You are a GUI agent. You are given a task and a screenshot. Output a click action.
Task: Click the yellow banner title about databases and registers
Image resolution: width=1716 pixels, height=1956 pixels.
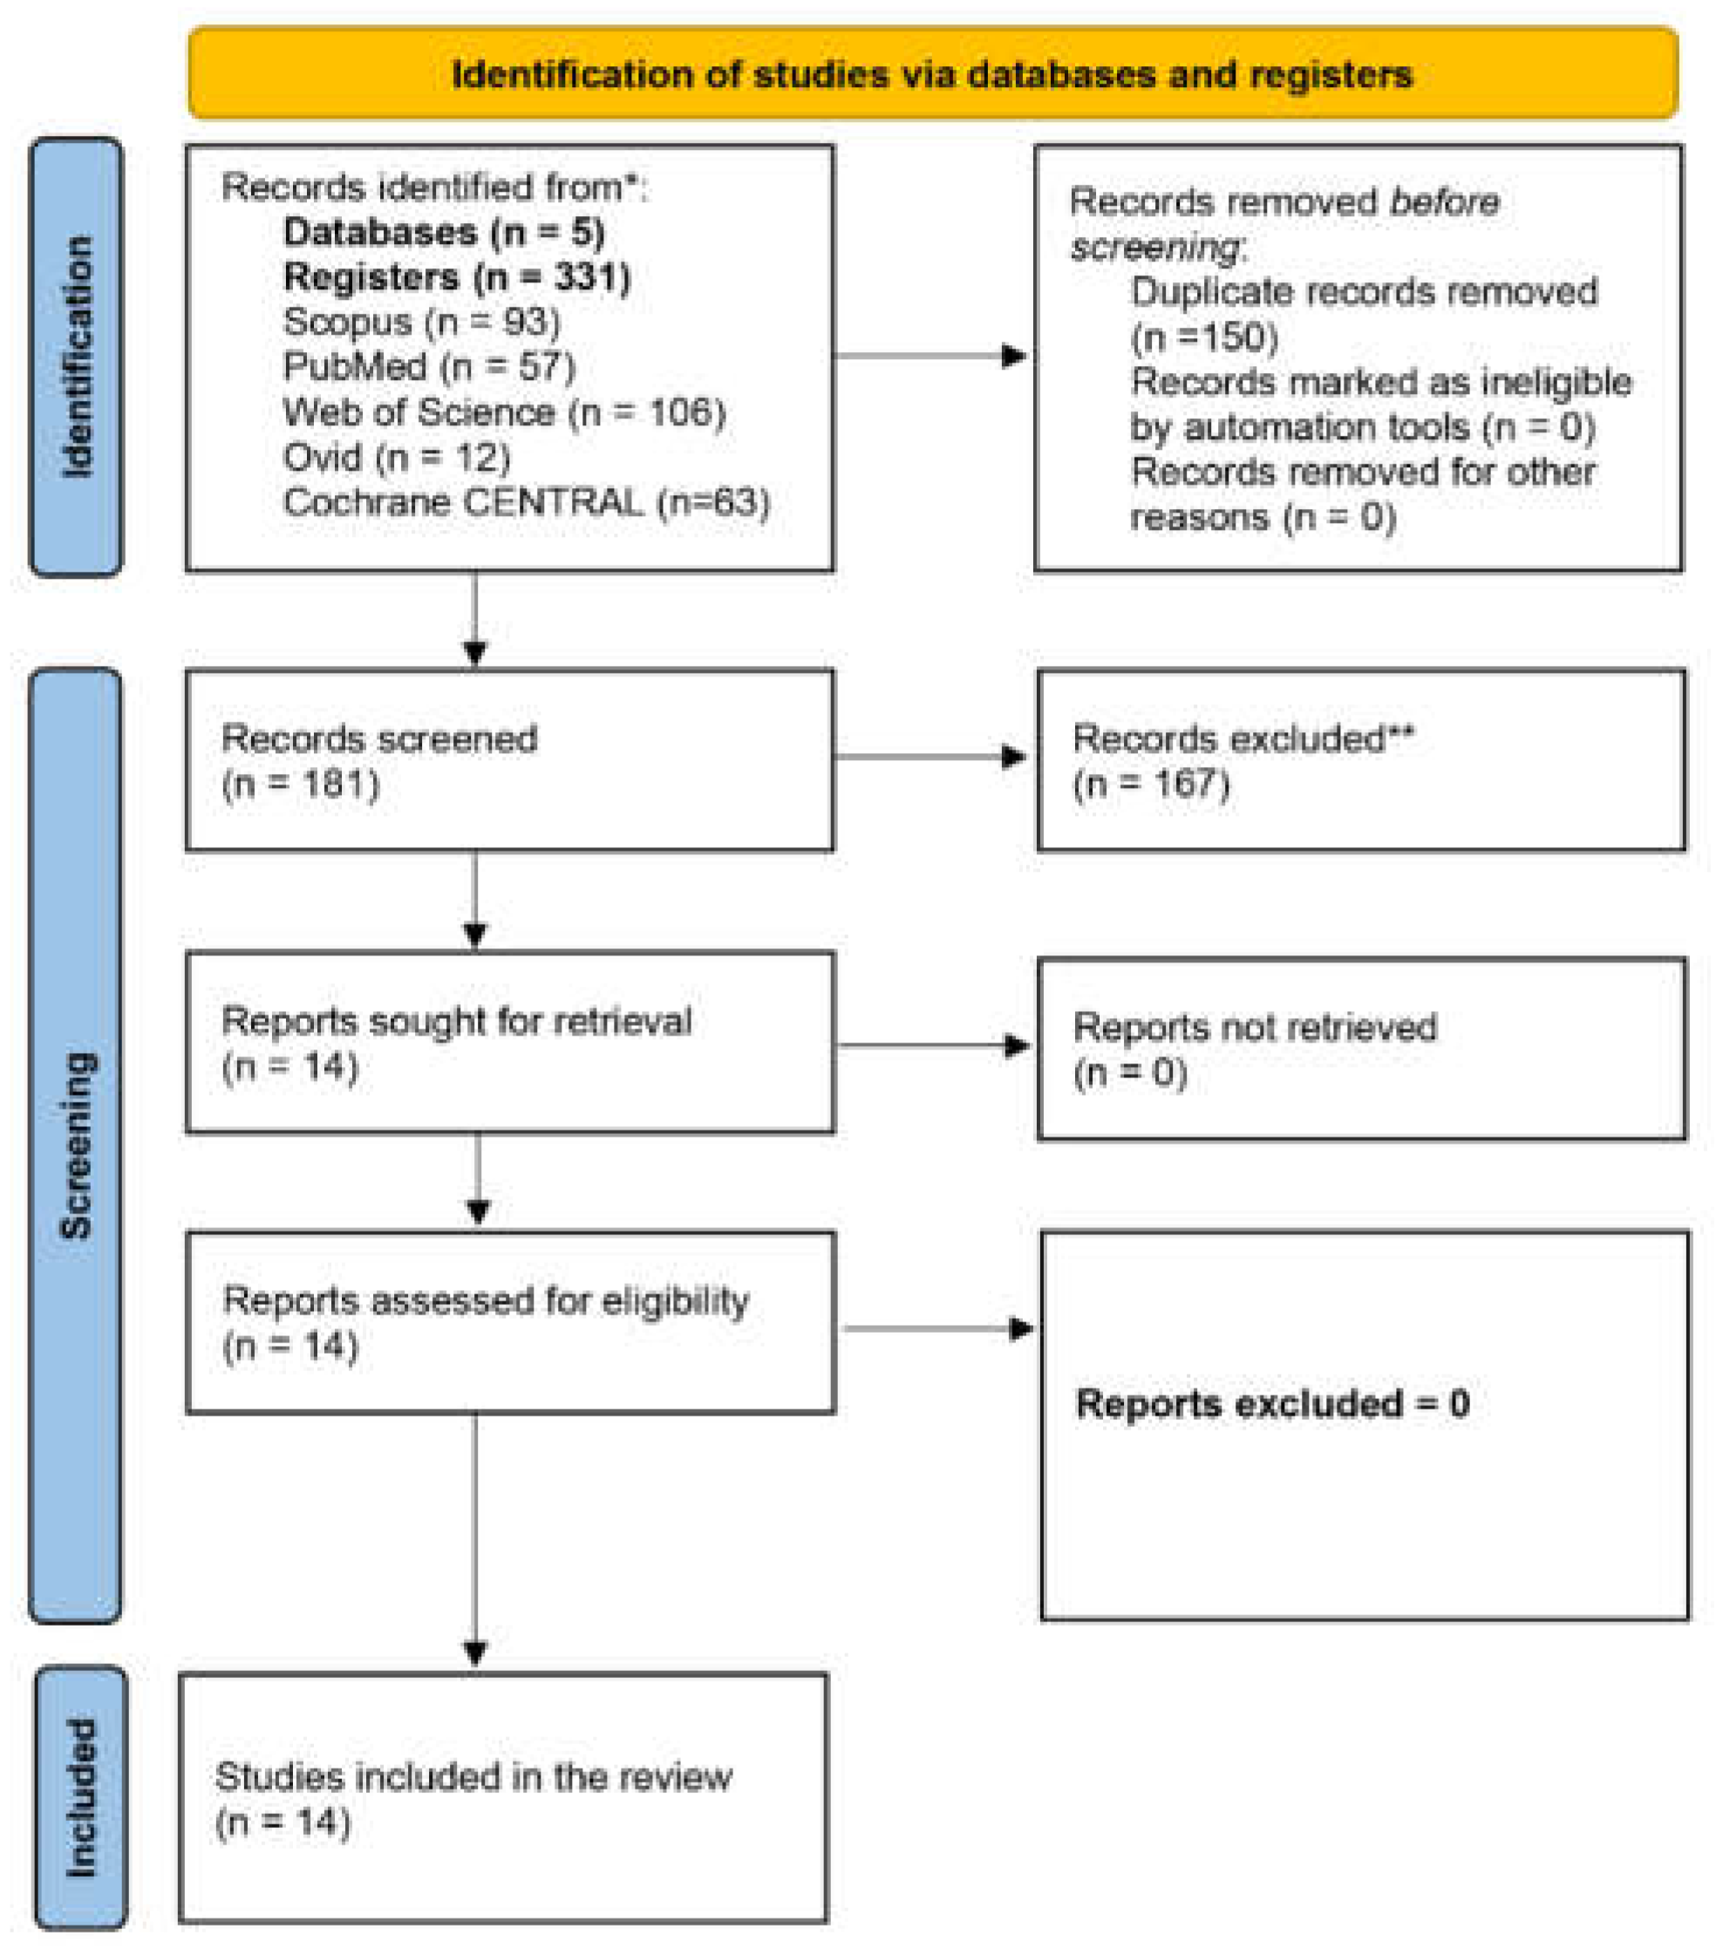point(931,74)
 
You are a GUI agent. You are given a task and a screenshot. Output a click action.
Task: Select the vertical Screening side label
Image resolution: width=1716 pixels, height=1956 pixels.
point(76,1144)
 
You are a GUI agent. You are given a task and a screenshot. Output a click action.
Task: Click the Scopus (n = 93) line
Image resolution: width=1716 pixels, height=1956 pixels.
point(421,322)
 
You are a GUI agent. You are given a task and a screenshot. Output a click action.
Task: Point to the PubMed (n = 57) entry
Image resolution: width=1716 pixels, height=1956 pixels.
point(429,366)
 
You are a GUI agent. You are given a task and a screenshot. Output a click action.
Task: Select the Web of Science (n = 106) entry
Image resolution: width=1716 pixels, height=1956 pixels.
point(504,412)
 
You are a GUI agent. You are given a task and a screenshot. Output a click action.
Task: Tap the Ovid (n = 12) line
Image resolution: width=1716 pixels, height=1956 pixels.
point(396,458)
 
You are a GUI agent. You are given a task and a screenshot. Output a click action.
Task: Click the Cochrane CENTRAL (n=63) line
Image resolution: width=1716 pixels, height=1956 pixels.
point(527,502)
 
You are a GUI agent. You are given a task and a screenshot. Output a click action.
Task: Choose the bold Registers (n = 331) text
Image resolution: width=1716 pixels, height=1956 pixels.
point(457,277)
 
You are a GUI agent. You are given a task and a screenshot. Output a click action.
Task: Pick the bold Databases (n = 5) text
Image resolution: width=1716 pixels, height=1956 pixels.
point(444,233)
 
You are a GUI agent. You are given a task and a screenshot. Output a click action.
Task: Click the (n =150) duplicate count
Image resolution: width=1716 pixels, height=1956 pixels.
point(1204,336)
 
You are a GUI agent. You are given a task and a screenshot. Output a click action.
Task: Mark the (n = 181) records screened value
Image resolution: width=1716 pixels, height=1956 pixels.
point(301,784)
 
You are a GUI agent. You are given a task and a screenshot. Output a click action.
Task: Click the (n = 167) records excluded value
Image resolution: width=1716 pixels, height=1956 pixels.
point(1150,784)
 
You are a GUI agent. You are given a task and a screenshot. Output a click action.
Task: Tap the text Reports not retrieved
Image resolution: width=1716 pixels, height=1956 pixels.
point(1254,1027)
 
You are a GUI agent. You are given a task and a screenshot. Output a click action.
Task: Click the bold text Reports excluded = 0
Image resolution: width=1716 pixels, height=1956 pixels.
point(1272,1404)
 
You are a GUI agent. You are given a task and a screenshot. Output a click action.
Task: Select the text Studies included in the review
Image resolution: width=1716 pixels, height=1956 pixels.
point(473,1777)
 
